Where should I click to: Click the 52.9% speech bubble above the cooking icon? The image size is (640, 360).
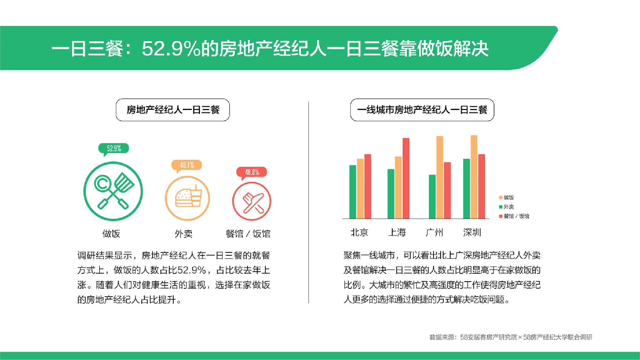114,149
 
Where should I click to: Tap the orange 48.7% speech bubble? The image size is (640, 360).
187,165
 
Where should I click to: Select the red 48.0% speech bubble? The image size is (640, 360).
252,172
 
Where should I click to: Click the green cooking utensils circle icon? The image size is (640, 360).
113,191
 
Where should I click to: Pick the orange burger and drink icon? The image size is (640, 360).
187,198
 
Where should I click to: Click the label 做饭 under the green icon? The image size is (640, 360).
111,234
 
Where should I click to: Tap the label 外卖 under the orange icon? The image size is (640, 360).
184,234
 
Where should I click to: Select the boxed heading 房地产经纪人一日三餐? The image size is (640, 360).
173,110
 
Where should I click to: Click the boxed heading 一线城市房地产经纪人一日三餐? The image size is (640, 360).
422,110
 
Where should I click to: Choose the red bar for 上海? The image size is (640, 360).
406,178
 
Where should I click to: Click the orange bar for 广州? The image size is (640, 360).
440,177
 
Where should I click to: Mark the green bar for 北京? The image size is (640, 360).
353,192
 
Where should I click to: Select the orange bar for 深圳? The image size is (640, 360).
474,177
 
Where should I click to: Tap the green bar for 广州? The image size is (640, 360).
432,197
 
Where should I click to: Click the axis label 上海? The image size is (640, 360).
397,232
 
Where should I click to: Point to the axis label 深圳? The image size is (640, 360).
472,232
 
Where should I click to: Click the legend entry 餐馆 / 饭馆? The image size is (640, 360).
514,216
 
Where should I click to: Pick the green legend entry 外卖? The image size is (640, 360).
507,207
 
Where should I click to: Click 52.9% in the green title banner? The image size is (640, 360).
171,49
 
